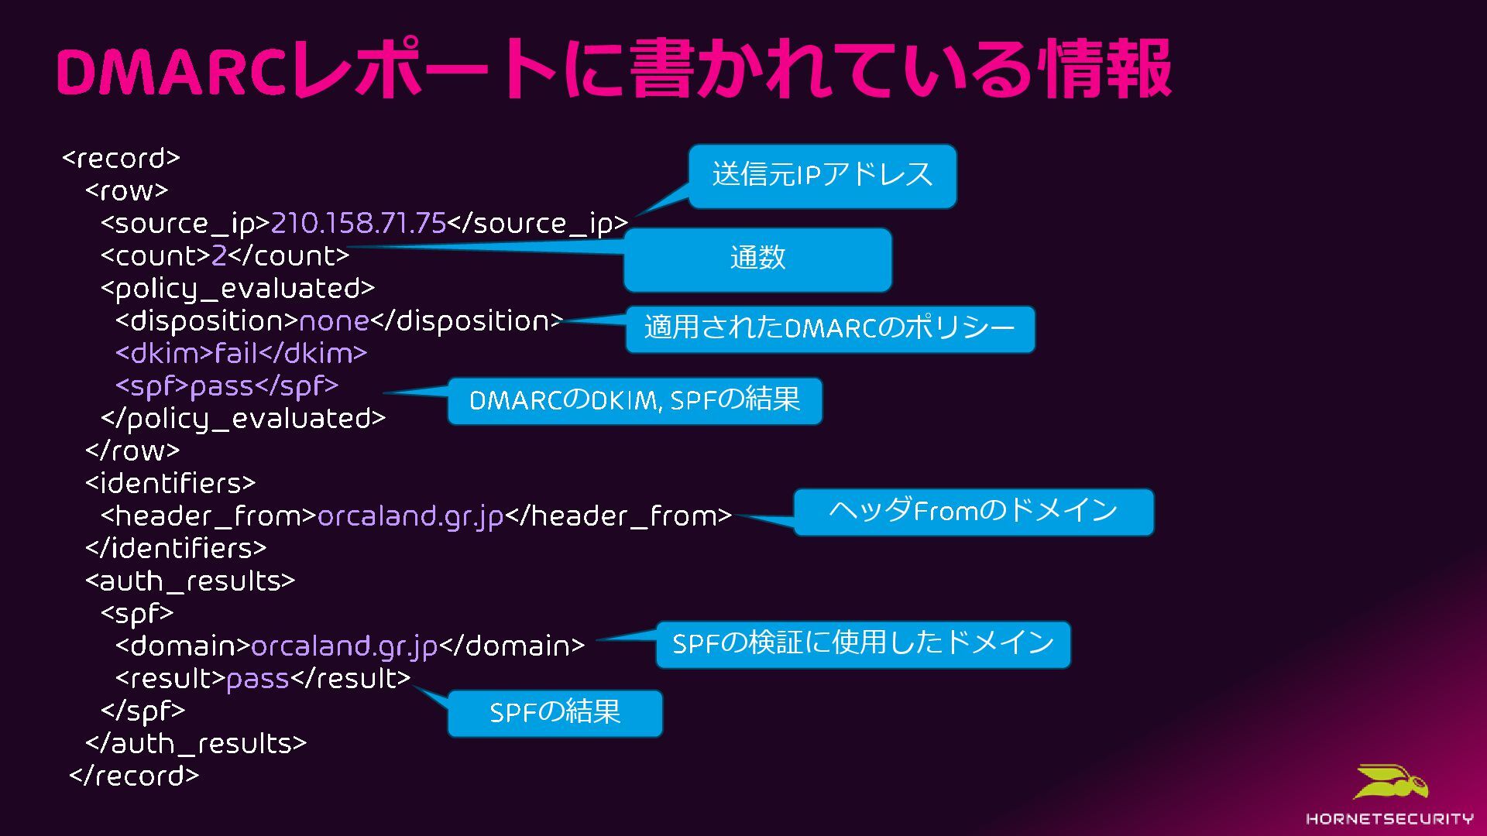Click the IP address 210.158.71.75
pos(358,224)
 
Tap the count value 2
pos(218,256)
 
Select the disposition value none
pos(334,321)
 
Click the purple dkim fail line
pos(241,354)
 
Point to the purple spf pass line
pos(227,386)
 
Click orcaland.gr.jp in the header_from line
pos(410,516)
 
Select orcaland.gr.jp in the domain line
pos(345,646)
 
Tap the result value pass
pos(257,679)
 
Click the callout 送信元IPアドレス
pos(822,176)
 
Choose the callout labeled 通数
pos(757,259)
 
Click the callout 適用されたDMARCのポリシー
pos(829,329)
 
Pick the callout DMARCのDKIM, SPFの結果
pos(634,401)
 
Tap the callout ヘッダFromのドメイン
pos(973,512)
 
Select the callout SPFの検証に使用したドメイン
pos(863,644)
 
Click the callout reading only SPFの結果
pos(555,713)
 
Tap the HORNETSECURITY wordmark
pos(1389,819)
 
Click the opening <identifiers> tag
pos(170,484)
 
